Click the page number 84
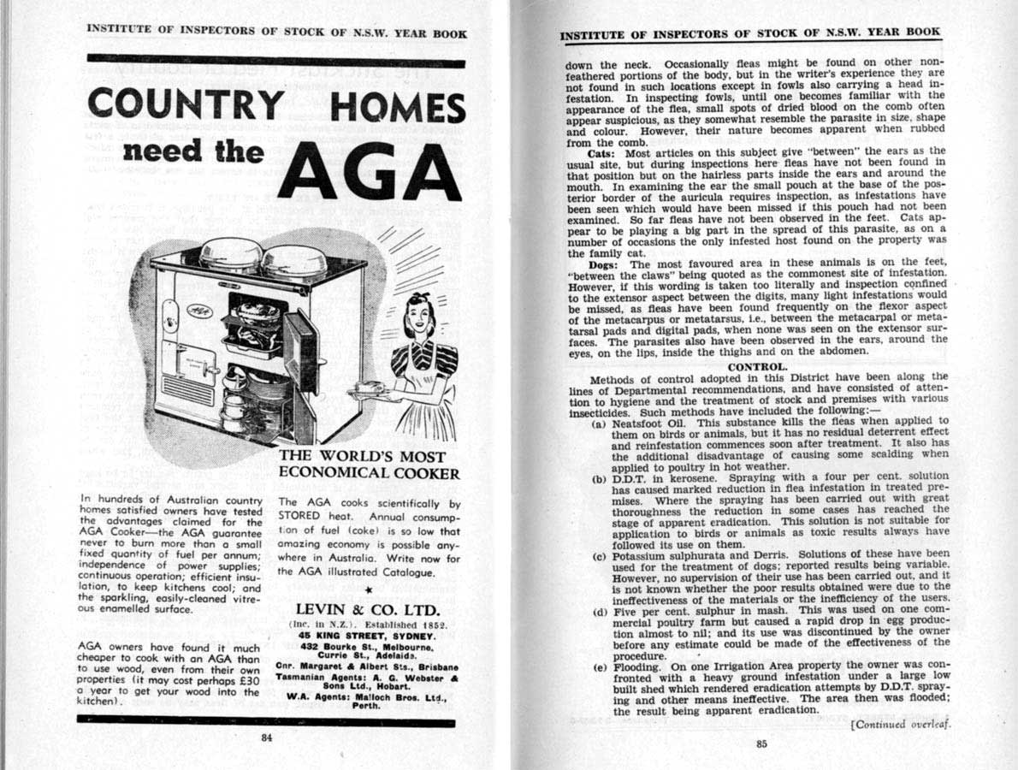pyautogui.click(x=267, y=739)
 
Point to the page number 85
pyautogui.click(x=761, y=743)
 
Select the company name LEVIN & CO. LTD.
pyautogui.click(x=368, y=610)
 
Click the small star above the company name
pyautogui.click(x=368, y=590)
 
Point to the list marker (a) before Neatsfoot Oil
pyautogui.click(x=599, y=422)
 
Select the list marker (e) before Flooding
pyautogui.click(x=599, y=666)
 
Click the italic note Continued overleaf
pyautogui.click(x=901, y=724)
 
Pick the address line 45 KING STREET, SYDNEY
pyautogui.click(x=368, y=637)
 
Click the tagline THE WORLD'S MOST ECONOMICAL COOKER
pyautogui.click(x=370, y=465)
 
